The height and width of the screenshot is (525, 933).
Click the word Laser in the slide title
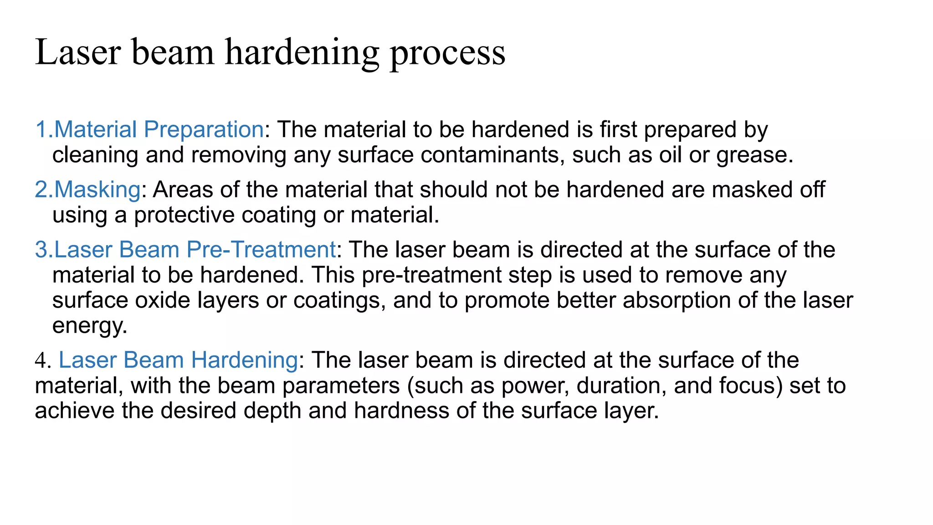(x=78, y=52)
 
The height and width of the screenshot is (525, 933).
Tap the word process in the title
(x=447, y=53)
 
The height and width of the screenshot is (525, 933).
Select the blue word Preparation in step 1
(x=204, y=130)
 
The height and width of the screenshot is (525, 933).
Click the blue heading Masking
(x=97, y=190)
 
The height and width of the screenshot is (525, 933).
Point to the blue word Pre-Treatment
(x=261, y=250)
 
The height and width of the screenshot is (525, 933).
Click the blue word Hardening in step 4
(x=244, y=360)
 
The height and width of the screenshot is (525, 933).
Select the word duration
(x=621, y=386)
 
